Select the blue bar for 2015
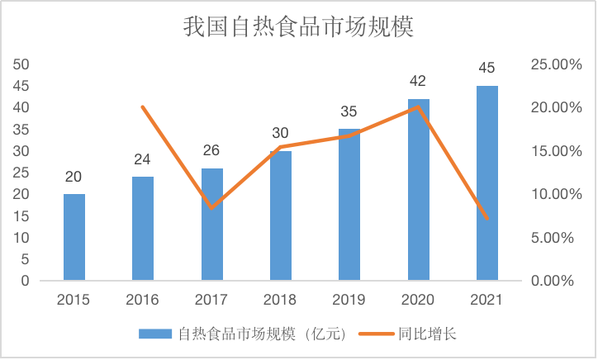74,237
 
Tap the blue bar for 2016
143,229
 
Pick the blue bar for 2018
281,216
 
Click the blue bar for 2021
487,183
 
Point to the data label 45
487,68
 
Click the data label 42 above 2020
418,81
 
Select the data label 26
211,150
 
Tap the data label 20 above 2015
74,177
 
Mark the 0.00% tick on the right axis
552,281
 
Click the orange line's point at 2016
143,107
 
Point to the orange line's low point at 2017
212,207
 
